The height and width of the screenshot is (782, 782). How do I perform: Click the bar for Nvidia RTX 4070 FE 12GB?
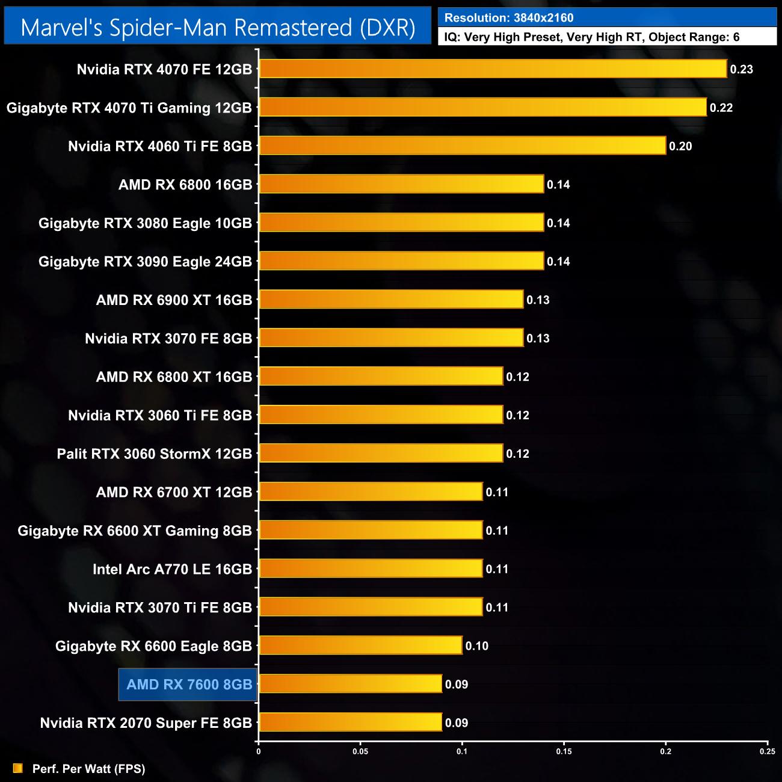pyautogui.click(x=493, y=69)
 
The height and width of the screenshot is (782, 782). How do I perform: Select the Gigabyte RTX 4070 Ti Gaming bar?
pyautogui.click(x=482, y=107)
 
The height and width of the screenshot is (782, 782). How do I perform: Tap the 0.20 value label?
pyautogui.click(x=680, y=146)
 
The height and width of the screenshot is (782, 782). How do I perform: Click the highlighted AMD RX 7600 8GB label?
pyautogui.click(x=189, y=685)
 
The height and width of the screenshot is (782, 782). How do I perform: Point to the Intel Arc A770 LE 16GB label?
pyautogui.click(x=172, y=569)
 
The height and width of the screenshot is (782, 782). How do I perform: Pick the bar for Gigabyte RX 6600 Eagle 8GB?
pyautogui.click(x=360, y=645)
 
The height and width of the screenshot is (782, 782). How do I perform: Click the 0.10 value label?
pyautogui.click(x=476, y=646)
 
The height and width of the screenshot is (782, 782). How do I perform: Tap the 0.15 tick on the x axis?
pyautogui.click(x=564, y=751)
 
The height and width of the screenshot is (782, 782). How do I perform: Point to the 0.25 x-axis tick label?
pyautogui.click(x=767, y=751)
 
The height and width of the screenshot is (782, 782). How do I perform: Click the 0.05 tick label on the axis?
pyautogui.click(x=360, y=751)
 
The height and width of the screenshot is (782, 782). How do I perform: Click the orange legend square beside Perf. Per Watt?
pyautogui.click(x=18, y=768)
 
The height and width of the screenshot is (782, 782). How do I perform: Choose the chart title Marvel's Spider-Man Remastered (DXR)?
pyautogui.click(x=218, y=28)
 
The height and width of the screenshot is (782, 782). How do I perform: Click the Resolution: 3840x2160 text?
pyautogui.click(x=509, y=18)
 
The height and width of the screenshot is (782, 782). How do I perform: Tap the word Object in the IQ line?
pyautogui.click(x=668, y=37)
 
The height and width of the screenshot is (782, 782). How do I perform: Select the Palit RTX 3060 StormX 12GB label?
pyautogui.click(x=154, y=454)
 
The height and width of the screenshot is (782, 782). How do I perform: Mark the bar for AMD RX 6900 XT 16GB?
pyautogui.click(x=391, y=299)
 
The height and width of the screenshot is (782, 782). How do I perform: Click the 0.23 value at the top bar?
pyautogui.click(x=741, y=69)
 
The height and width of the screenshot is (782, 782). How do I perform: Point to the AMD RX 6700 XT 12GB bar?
pyautogui.click(x=371, y=491)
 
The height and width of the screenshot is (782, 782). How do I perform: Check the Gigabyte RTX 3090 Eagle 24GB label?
pyautogui.click(x=145, y=262)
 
